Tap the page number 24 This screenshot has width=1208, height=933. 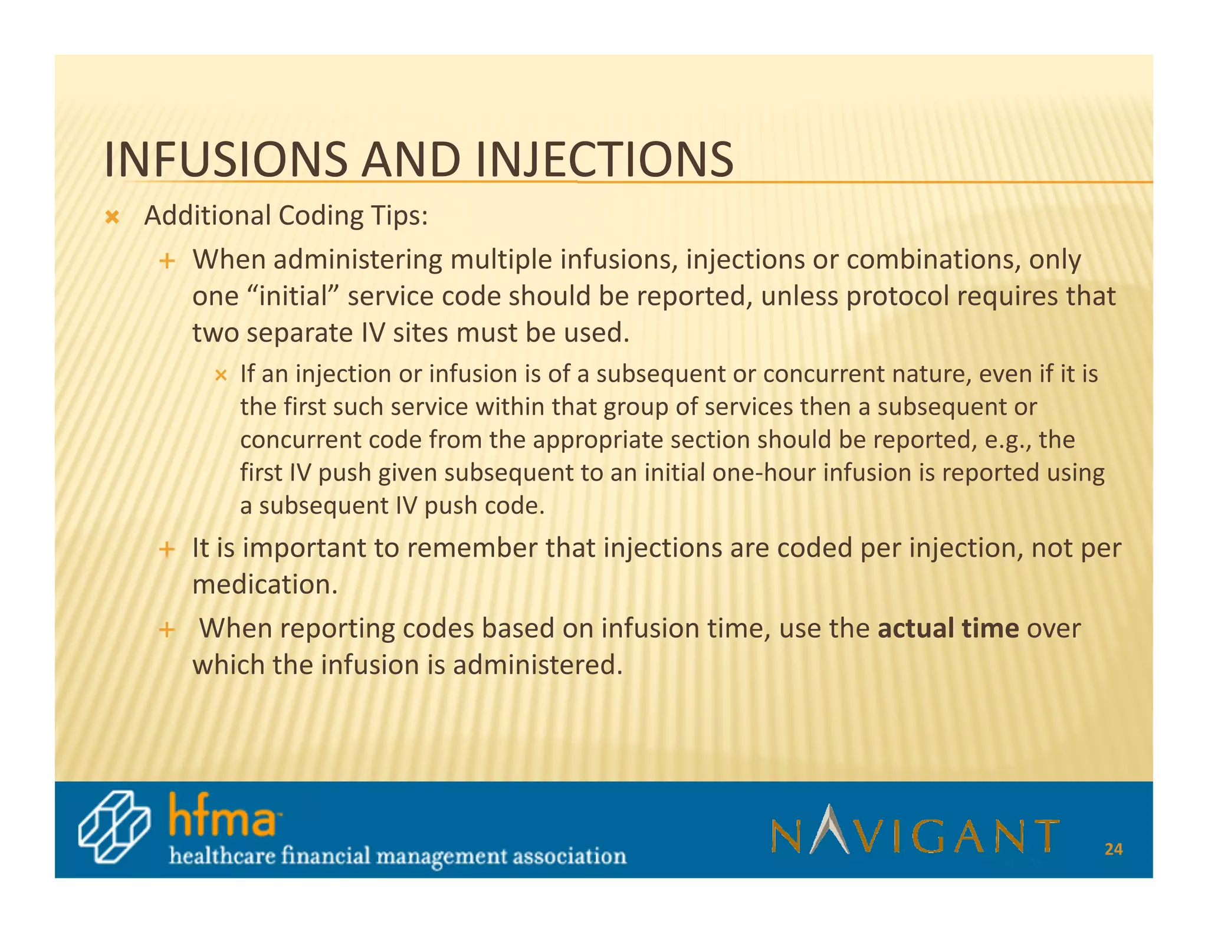(1113, 849)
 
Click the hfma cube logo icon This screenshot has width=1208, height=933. (114, 827)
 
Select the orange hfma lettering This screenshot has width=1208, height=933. (222, 816)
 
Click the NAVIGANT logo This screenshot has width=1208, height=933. (915, 830)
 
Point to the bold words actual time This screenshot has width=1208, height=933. (948, 628)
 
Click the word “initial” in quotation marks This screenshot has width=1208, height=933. (298, 296)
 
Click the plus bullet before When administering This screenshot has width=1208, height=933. (168, 261)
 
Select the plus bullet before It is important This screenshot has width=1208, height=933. (168, 550)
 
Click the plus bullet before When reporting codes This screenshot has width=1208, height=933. (168, 630)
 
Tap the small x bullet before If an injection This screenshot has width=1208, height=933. (221, 375)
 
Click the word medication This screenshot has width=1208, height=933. (265, 584)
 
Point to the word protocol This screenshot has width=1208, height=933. (898, 296)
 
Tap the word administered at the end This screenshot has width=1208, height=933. (537, 665)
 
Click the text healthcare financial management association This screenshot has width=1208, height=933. (398, 856)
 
